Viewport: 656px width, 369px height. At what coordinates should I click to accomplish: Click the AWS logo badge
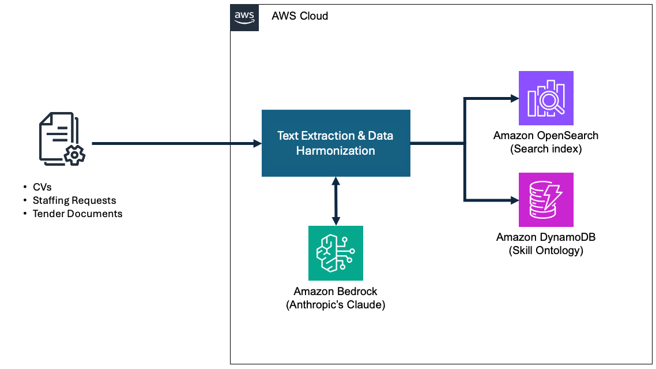click(x=244, y=17)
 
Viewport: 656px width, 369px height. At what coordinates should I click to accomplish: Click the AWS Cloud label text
click(x=300, y=16)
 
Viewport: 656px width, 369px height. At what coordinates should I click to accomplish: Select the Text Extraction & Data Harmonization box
click(x=335, y=143)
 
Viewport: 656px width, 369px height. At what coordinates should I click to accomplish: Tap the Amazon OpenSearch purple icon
click(x=546, y=98)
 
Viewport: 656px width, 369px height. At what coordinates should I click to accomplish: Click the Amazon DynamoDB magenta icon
click(x=546, y=199)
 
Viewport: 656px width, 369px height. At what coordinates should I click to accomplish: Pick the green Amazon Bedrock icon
click(x=335, y=253)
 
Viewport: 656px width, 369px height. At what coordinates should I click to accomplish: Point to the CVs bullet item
click(x=42, y=187)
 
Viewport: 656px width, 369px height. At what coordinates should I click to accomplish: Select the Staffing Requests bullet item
click(x=74, y=200)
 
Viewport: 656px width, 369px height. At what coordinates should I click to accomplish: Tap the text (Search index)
click(x=546, y=149)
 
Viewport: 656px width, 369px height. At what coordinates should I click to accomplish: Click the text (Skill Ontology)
click(x=546, y=251)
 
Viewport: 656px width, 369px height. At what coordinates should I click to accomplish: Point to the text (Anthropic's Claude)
click(x=335, y=305)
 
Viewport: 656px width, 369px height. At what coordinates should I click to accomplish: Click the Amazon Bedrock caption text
click(x=335, y=292)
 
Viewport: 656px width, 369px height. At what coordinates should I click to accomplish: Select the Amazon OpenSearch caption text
click(x=546, y=136)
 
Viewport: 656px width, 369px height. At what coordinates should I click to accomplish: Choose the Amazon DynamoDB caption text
click(x=546, y=237)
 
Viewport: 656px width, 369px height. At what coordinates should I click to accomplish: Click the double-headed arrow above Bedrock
click(x=335, y=201)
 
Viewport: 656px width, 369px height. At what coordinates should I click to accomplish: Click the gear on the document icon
click(x=74, y=155)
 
